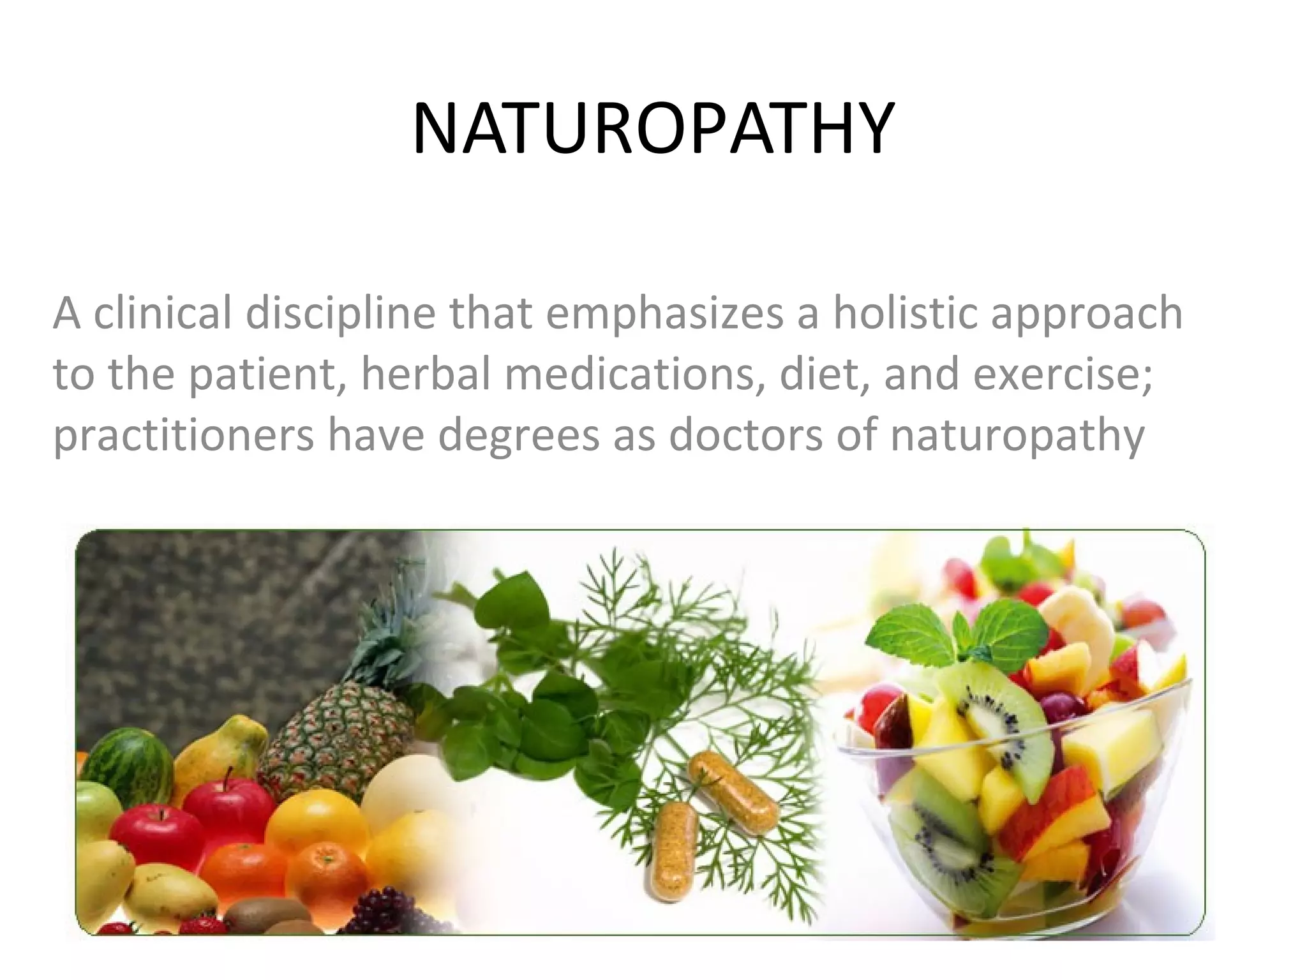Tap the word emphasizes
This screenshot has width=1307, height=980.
pos(664,314)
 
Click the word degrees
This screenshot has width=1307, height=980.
pos(518,436)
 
